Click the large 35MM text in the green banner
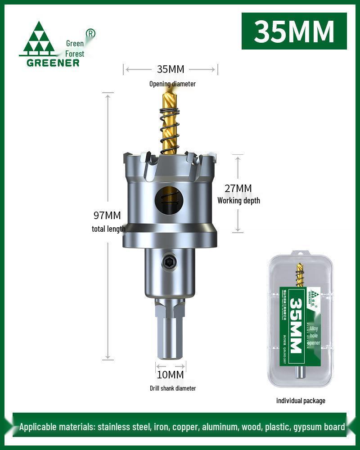click(x=294, y=31)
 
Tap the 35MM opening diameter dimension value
click(x=171, y=69)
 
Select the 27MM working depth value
click(x=238, y=189)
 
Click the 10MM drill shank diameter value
click(x=171, y=374)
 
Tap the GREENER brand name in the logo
click(x=53, y=63)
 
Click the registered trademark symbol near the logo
click(x=90, y=33)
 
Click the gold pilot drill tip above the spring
click(x=171, y=97)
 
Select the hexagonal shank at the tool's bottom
click(x=170, y=335)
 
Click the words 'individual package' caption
click(x=301, y=400)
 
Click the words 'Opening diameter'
click(x=173, y=84)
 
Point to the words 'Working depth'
click(x=238, y=201)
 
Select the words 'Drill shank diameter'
click(x=173, y=388)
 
